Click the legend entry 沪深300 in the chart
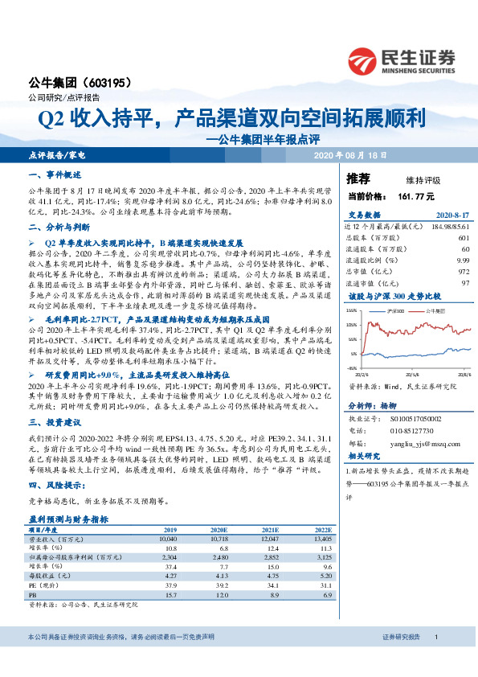tap(397, 309)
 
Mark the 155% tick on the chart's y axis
tap(352, 310)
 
